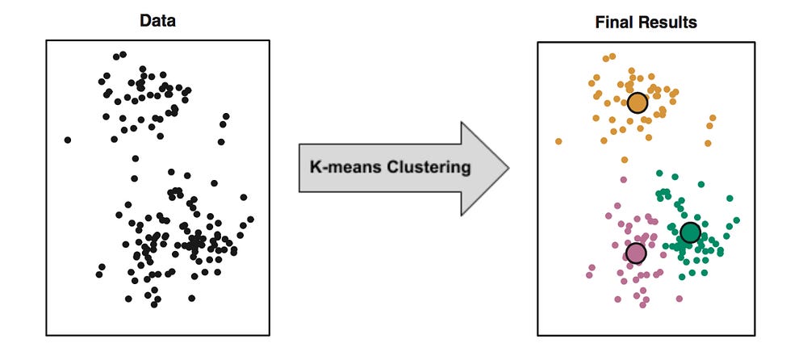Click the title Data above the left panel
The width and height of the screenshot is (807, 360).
click(157, 21)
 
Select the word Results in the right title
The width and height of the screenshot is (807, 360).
click(668, 23)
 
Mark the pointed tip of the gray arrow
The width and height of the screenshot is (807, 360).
click(508, 168)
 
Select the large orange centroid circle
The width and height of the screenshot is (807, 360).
click(638, 103)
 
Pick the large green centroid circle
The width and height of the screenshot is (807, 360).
click(690, 232)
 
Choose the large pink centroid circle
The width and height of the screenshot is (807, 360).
click(636, 253)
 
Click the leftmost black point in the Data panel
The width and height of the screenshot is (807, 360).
click(68, 140)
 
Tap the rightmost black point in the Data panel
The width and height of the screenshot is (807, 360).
click(250, 220)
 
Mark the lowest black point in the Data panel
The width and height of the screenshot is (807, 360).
click(154, 305)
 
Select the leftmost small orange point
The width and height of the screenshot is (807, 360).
click(558, 141)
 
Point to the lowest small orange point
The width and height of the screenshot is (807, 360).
click(625, 160)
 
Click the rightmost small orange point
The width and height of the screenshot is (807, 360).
click(713, 118)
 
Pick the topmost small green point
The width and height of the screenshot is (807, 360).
click(659, 173)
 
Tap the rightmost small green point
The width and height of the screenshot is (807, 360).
click(737, 220)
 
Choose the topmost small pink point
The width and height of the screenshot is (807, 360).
click(624, 180)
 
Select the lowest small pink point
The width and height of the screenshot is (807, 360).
click(642, 305)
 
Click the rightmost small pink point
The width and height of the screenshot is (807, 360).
click(679, 299)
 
